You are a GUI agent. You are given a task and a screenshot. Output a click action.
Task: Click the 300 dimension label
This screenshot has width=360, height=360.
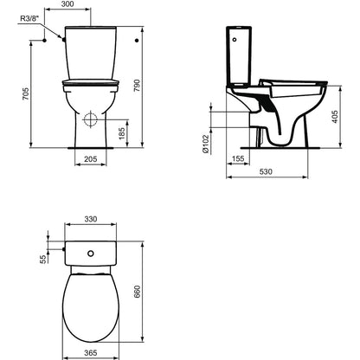67,4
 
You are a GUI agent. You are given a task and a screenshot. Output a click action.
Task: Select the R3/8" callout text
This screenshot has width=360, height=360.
29,19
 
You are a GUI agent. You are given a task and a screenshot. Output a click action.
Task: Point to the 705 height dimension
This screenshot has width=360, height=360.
26,94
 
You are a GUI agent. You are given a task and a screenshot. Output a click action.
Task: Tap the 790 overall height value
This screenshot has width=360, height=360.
137,86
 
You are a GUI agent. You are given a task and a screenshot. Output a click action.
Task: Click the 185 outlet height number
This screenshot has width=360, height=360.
122,133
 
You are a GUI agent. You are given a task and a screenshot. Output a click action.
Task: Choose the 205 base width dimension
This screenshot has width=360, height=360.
91,159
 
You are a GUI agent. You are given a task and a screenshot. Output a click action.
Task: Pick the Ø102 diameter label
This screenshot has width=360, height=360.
205,144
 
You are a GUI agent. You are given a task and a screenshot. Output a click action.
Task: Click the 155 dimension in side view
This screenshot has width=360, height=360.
238,158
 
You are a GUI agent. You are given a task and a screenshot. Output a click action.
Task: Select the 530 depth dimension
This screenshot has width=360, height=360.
266,171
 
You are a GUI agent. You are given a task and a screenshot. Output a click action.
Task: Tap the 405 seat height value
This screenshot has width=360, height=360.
335,117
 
